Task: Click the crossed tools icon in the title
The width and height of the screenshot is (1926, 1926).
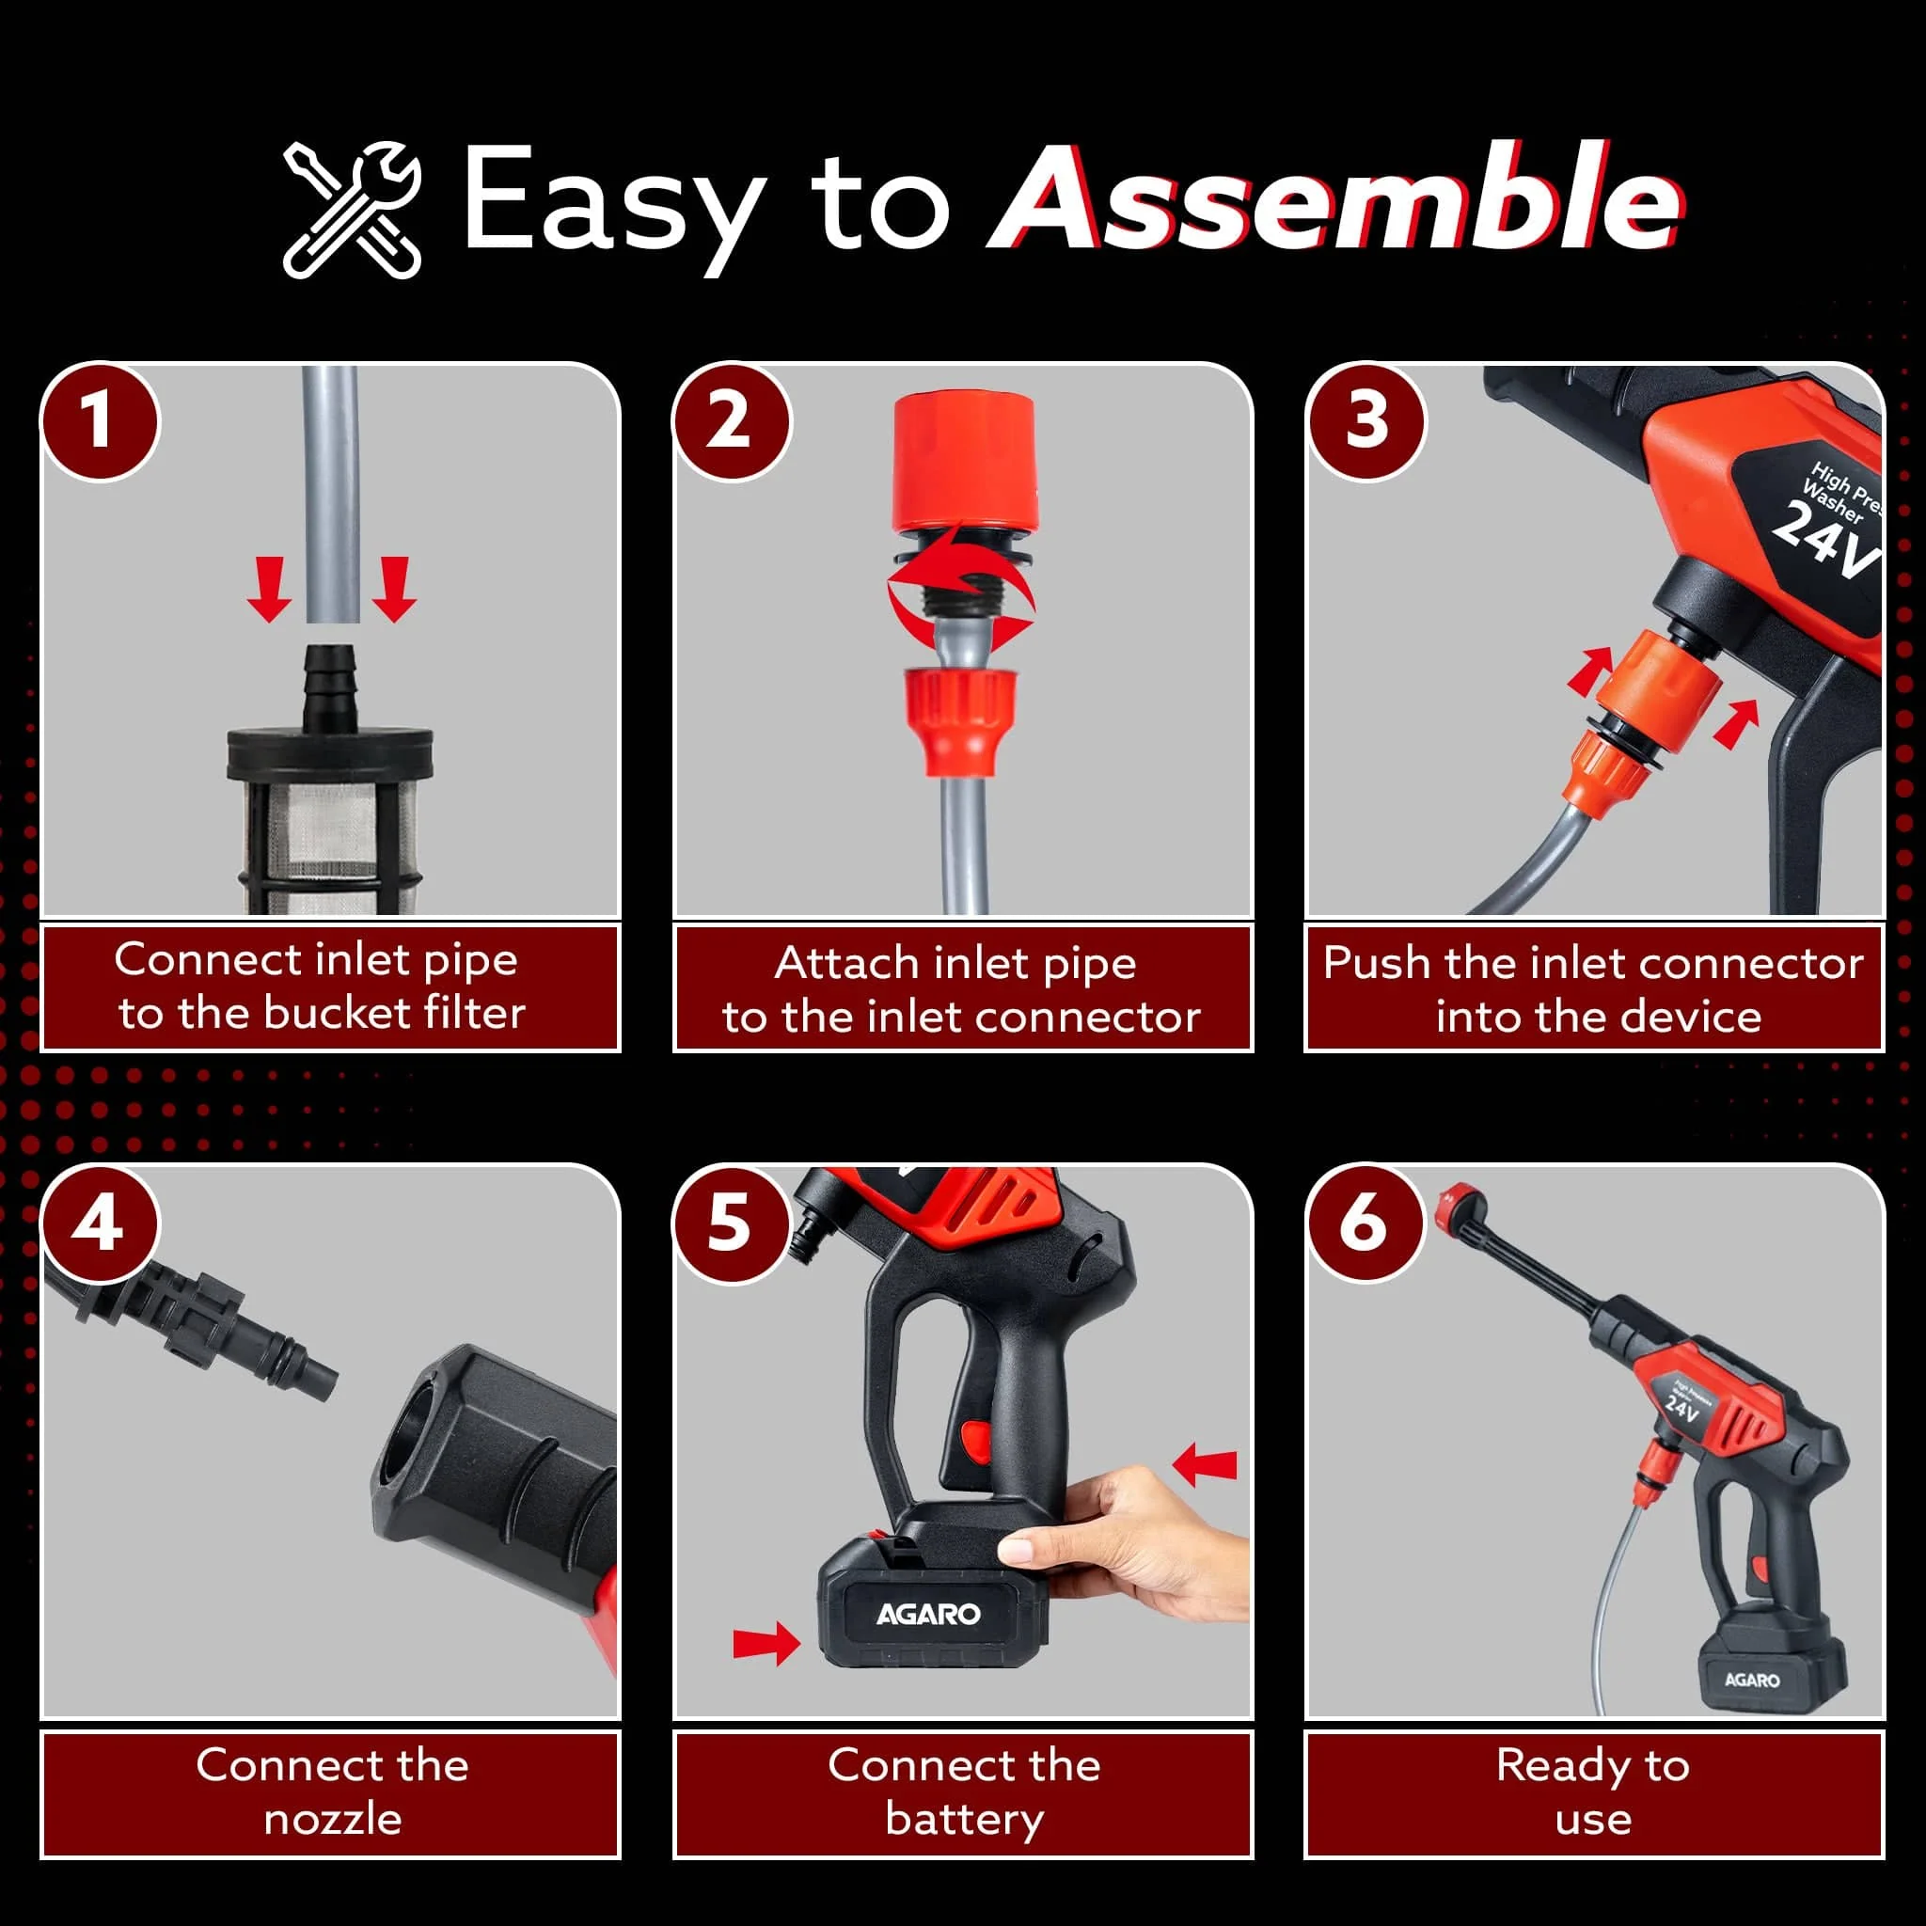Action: [x=352, y=210]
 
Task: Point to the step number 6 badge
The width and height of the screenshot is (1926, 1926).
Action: [x=1365, y=1223]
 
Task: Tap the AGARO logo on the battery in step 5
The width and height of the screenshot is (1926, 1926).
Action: [x=928, y=1614]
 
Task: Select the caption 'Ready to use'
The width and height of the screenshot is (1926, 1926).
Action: [x=1593, y=1792]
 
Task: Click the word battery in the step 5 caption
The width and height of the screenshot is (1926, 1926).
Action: [x=964, y=1819]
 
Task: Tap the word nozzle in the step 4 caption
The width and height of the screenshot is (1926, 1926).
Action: [x=332, y=1820]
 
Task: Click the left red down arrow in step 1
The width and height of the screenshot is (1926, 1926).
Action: [x=269, y=589]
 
